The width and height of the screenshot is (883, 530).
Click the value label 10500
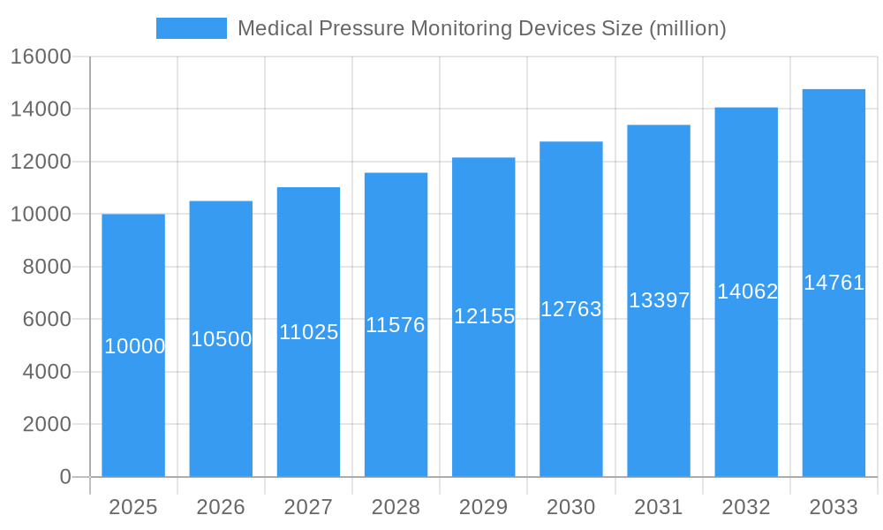click(x=222, y=339)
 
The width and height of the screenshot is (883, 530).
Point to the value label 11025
click(x=309, y=332)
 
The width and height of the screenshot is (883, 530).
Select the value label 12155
click(x=484, y=316)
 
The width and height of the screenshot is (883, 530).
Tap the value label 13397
click(x=659, y=300)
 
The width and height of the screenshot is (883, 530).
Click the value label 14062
click(x=747, y=291)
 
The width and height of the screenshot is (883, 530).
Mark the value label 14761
click(x=834, y=283)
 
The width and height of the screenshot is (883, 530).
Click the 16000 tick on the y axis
click(x=40, y=57)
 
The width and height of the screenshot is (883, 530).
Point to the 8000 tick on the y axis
click(x=46, y=267)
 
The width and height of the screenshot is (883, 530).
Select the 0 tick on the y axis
click(x=64, y=477)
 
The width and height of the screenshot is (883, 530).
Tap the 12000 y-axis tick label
click(x=40, y=163)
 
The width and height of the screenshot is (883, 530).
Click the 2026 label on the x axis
click(x=221, y=507)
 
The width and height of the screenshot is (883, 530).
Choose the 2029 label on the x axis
click(x=483, y=507)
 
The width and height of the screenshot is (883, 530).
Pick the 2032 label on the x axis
click(x=746, y=507)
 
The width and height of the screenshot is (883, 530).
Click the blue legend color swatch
click(x=191, y=28)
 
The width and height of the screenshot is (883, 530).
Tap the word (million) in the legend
click(x=687, y=28)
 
